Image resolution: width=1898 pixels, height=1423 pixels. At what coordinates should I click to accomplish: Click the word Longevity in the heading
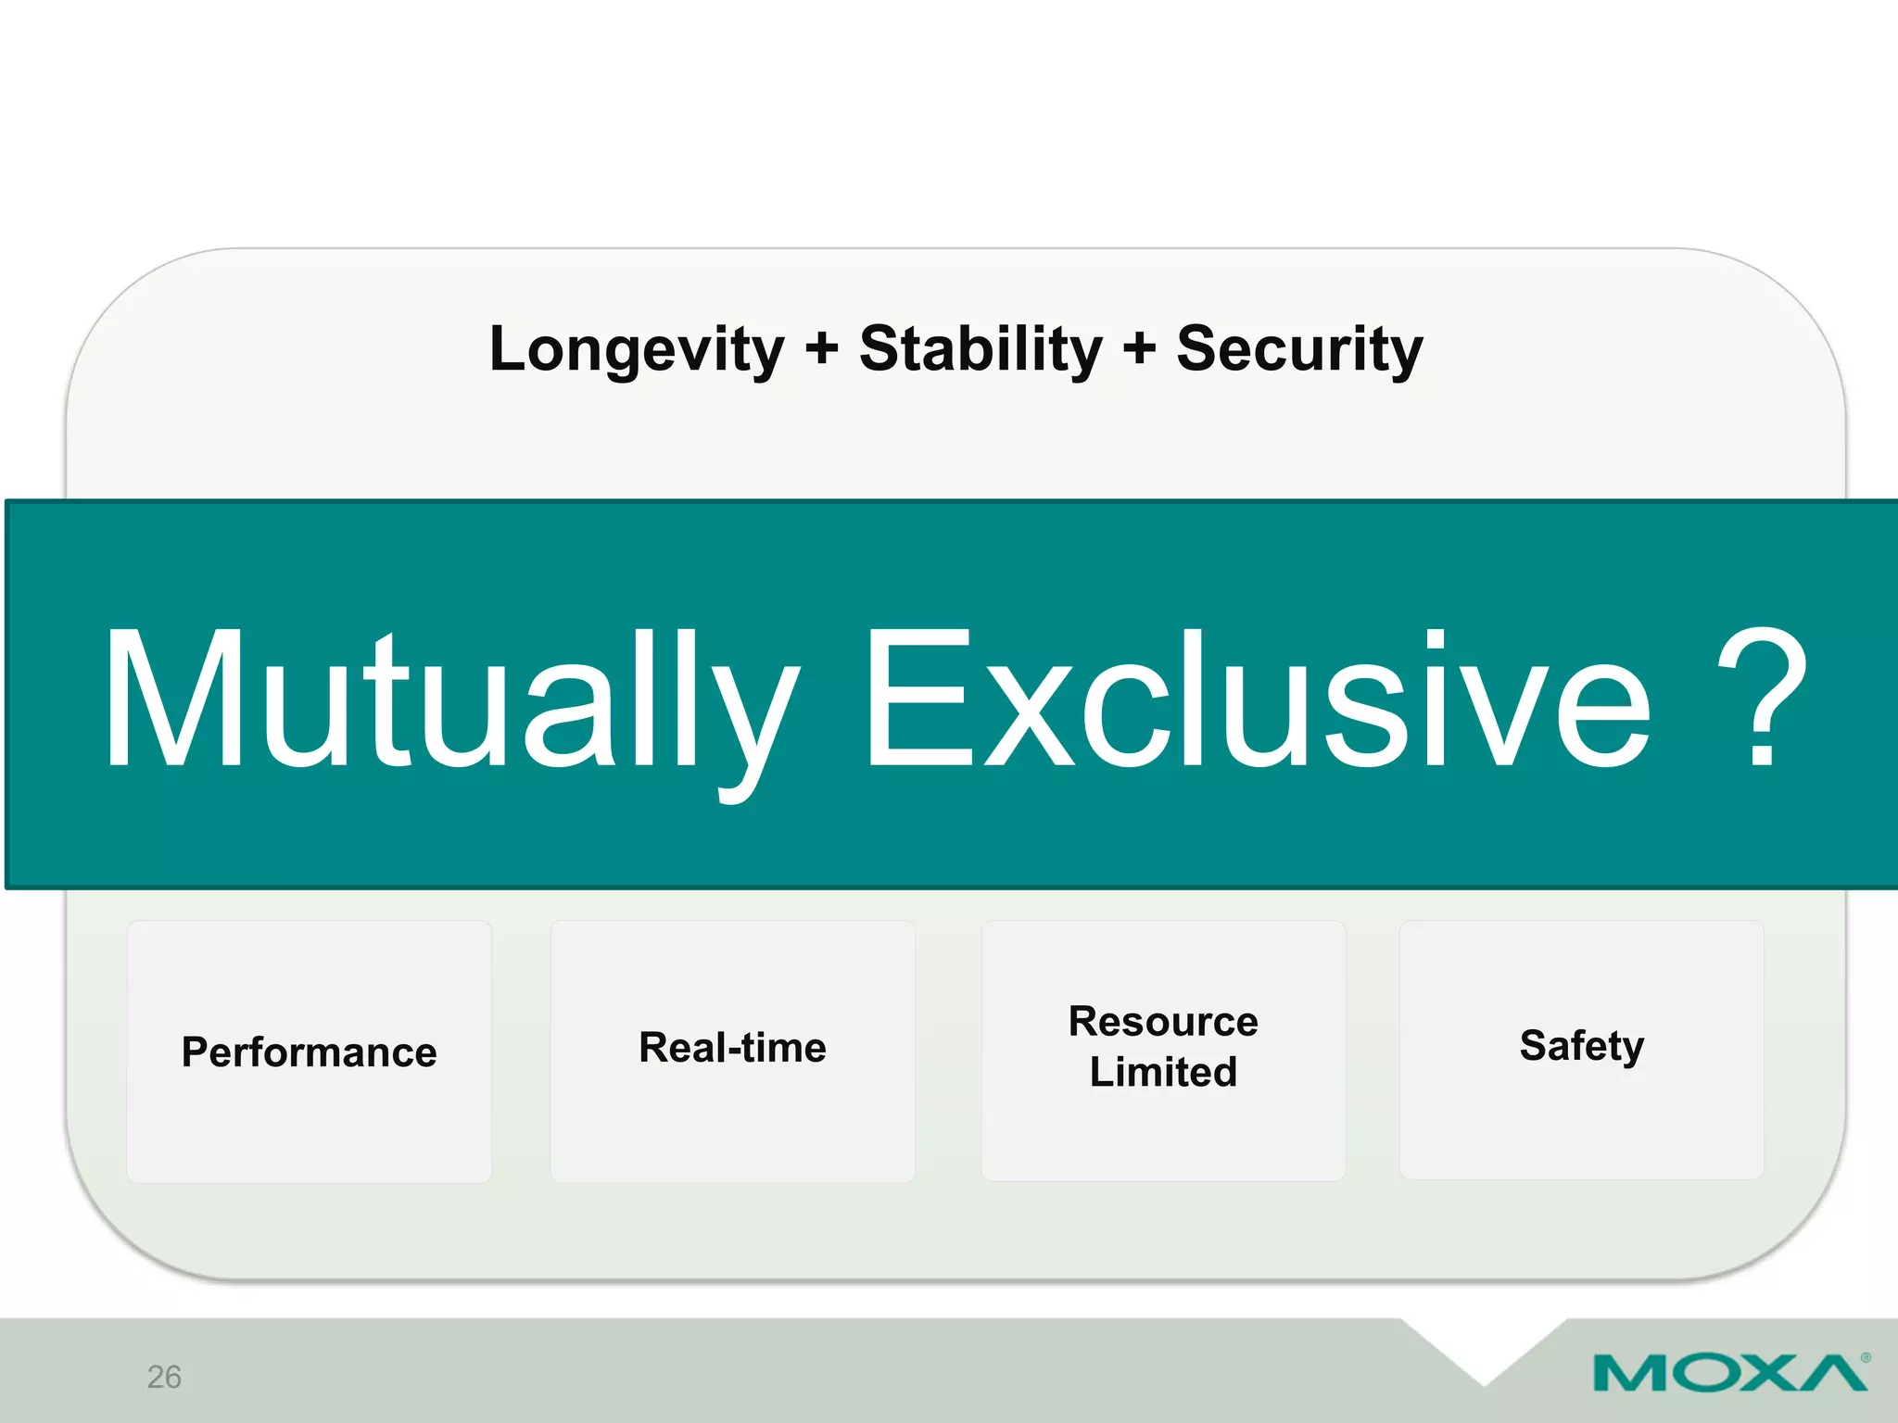637,350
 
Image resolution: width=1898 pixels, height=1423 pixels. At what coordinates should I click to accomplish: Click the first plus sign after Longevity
821,350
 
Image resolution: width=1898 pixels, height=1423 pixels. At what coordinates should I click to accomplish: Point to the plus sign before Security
1139,350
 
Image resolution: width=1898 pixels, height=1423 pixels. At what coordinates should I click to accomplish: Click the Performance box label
309,1052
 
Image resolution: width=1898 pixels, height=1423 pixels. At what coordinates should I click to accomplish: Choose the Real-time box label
732,1048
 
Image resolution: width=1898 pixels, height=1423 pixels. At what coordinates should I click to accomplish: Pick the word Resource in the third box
1163,1022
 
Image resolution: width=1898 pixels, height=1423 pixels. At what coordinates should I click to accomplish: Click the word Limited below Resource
1163,1072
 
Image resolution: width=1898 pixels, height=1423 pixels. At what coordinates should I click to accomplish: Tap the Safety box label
1581,1046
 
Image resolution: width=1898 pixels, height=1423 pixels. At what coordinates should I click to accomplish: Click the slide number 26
164,1377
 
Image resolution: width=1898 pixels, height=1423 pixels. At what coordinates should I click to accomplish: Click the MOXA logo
1729,1373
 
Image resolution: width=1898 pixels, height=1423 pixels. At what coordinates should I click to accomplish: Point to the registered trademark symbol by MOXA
1866,1357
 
